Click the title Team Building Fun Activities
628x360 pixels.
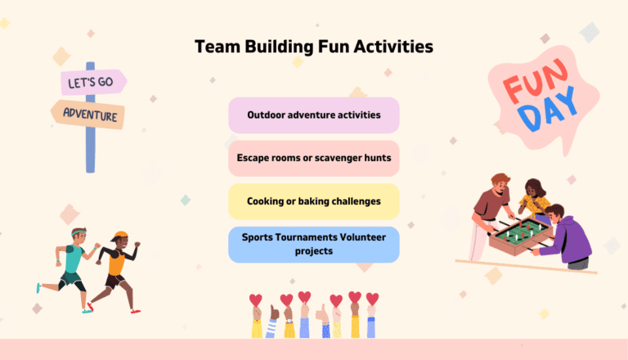click(x=313, y=47)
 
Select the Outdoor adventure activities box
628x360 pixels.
click(x=313, y=115)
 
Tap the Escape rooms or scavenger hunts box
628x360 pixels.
click(x=313, y=158)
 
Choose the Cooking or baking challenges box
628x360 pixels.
click(x=313, y=200)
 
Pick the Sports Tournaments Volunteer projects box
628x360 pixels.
click(x=313, y=244)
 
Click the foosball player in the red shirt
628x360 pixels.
click(x=491, y=205)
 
